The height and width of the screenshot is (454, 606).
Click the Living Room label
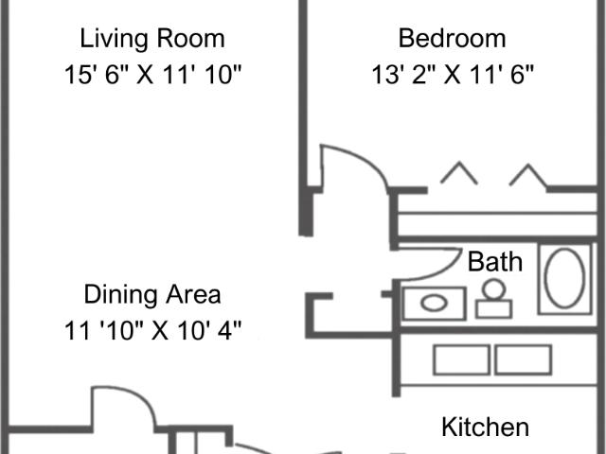(151, 39)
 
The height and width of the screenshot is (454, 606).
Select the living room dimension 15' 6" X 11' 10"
(151, 74)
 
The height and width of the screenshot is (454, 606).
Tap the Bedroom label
(452, 39)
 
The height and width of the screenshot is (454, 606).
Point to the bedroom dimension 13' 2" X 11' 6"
(453, 74)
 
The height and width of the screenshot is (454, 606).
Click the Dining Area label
(151, 294)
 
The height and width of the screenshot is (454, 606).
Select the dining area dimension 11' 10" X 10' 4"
(151, 330)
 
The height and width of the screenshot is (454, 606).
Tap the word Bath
(494, 261)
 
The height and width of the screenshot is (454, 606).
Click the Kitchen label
(485, 427)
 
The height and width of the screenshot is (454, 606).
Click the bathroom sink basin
(434, 304)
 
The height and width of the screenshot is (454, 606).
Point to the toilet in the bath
(493, 302)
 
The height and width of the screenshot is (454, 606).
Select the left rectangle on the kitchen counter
(461, 359)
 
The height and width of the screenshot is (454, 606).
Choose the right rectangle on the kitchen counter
(523, 359)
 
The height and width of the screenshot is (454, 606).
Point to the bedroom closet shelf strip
(497, 225)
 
